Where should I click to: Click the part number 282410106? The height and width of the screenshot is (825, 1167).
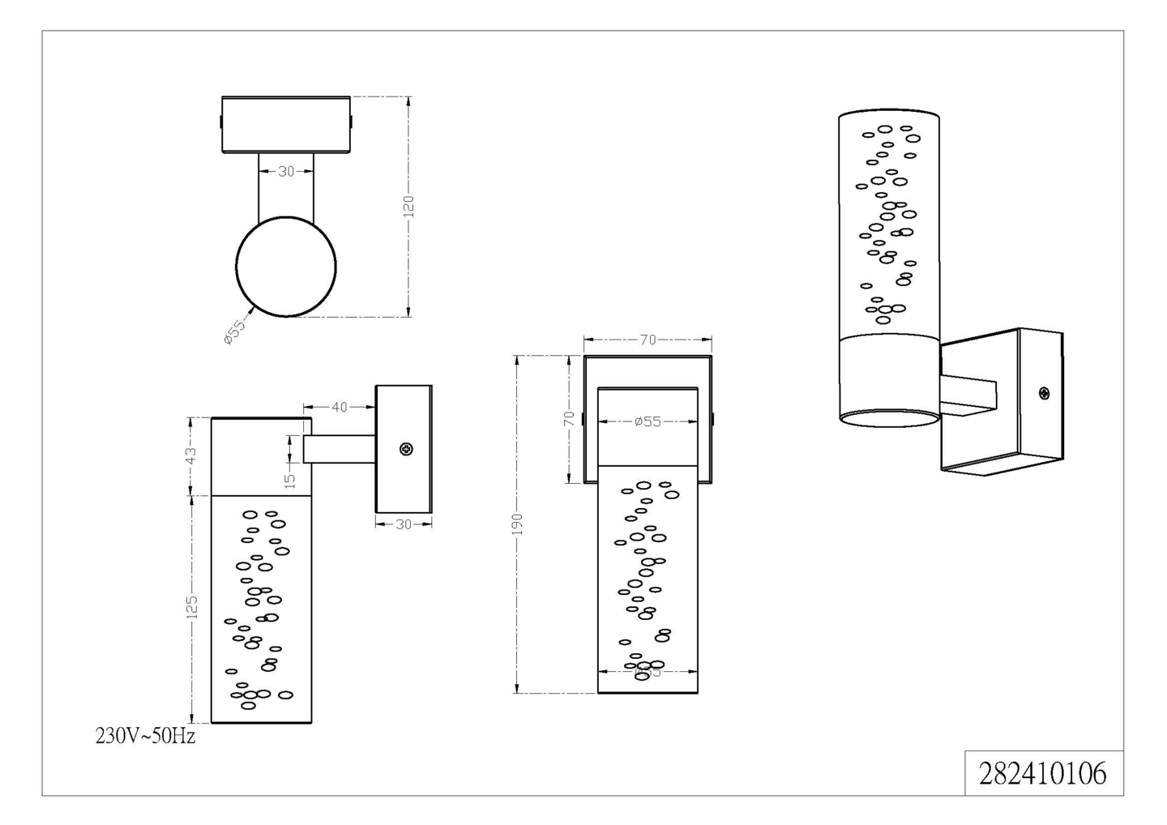point(1042,773)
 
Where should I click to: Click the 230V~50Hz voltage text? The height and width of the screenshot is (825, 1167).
point(146,736)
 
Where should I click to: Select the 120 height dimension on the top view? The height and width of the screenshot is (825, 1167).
point(408,206)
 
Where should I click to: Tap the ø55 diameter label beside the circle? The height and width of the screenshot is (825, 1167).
point(233,332)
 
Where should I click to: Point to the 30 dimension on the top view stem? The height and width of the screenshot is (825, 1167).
point(286,172)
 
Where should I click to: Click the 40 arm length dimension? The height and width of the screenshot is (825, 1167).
point(340,407)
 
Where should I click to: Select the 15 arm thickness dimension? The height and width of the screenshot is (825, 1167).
point(289,479)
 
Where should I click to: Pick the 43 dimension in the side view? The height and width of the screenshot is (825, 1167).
point(191,456)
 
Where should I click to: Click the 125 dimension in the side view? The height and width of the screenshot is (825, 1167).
point(192,607)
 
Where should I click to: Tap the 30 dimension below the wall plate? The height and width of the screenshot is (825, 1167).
point(404,524)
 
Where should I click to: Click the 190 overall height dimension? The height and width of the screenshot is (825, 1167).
point(518,524)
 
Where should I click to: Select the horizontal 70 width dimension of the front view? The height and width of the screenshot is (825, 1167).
point(648,340)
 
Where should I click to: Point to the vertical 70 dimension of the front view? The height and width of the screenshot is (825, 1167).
point(570,418)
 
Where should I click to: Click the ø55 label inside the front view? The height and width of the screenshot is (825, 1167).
point(648,421)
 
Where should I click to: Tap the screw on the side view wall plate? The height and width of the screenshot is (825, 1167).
point(406,449)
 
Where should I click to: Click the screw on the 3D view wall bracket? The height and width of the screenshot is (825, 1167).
point(1044,394)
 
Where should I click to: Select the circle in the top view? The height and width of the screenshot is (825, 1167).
point(286,266)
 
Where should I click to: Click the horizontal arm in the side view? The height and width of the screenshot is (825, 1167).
point(339,449)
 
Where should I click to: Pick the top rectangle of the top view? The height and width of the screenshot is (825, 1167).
point(286,124)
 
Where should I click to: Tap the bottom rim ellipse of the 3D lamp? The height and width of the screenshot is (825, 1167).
point(889,418)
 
